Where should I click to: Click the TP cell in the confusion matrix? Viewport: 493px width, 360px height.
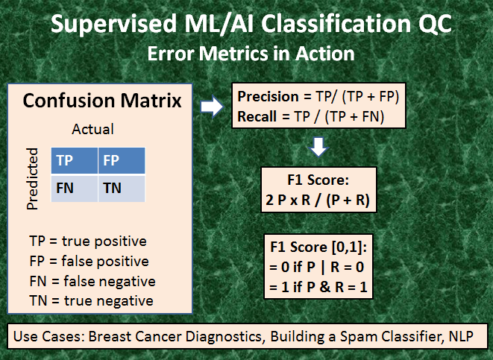point(74,160)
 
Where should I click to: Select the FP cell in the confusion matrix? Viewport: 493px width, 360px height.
point(121,160)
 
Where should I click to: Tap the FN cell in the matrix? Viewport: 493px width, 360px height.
point(74,188)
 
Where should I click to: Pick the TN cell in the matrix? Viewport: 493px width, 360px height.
point(121,188)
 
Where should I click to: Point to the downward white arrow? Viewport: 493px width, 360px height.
point(318,148)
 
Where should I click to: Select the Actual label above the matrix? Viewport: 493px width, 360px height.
point(92,129)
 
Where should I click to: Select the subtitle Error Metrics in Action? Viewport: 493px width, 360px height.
point(250,54)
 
